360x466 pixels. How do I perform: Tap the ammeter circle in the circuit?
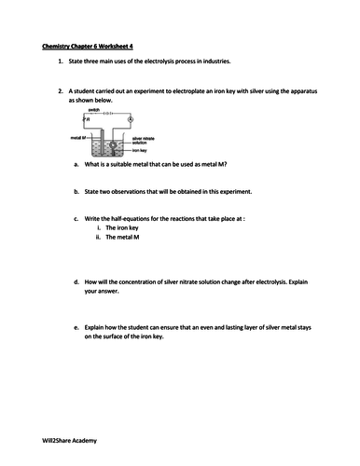130,118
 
